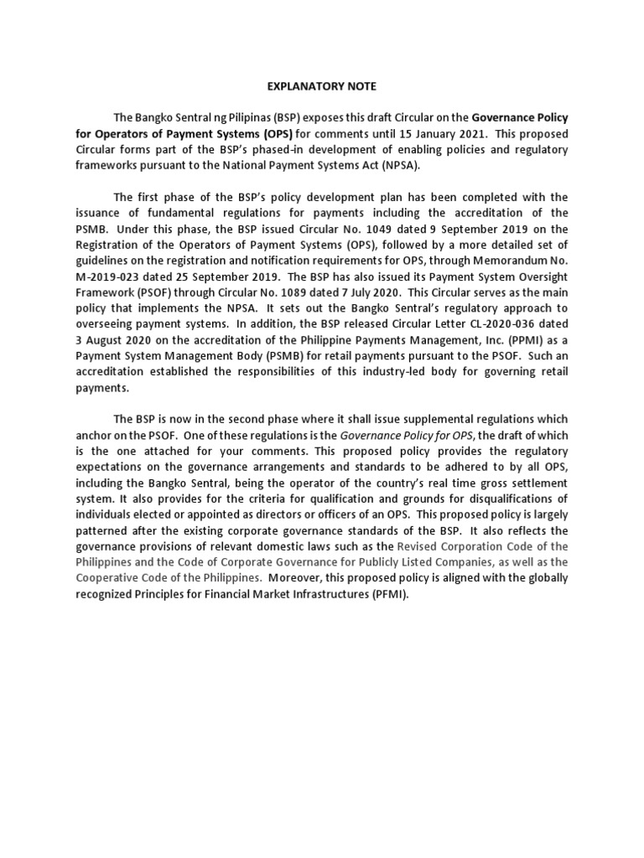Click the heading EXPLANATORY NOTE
click(x=321, y=85)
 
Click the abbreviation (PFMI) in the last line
click(x=363, y=593)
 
